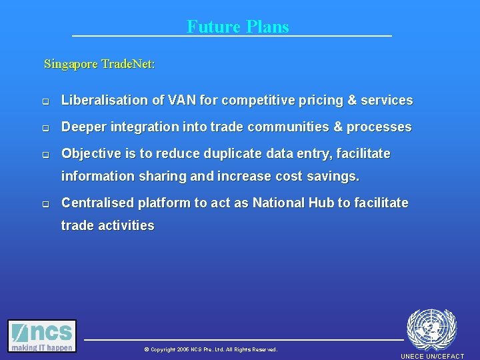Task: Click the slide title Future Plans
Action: click(238, 27)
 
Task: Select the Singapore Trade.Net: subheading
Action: click(99, 64)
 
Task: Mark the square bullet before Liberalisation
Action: click(46, 102)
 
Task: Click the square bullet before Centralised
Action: click(46, 204)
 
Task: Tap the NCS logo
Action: click(42, 336)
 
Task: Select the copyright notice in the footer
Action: click(210, 349)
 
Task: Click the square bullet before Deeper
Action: click(46, 128)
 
